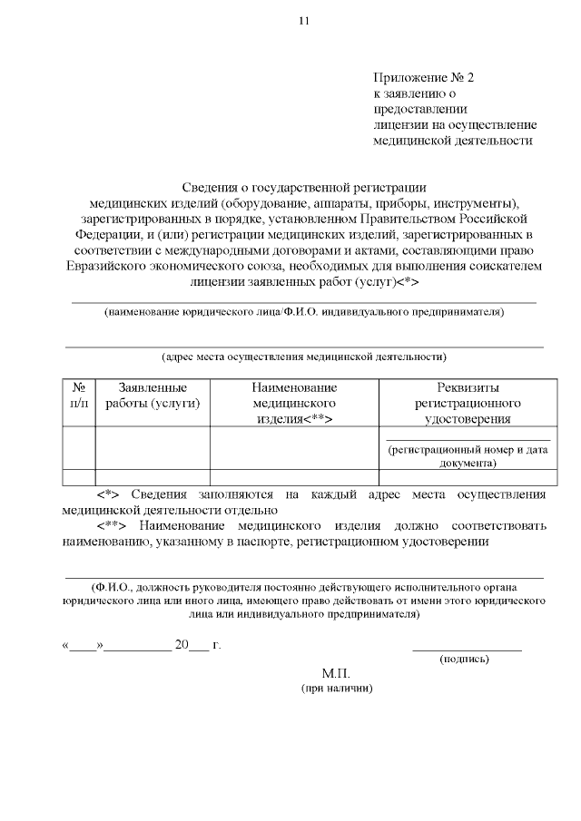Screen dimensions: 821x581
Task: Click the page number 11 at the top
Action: pyautogui.click(x=303, y=22)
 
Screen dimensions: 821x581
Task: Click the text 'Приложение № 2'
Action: pyautogui.click(x=423, y=78)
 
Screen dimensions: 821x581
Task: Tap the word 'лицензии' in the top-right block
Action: pyautogui.click(x=401, y=124)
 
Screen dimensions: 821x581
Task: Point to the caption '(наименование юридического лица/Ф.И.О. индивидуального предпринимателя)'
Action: pyautogui.click(x=303, y=312)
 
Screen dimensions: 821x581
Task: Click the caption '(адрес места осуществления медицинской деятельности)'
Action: pyautogui.click(x=303, y=357)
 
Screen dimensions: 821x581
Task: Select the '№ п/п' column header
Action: pyautogui.click(x=79, y=396)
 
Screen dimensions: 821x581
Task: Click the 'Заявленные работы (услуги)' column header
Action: pyautogui.click(x=153, y=396)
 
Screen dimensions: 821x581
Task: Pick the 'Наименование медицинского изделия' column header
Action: pyautogui.click(x=294, y=404)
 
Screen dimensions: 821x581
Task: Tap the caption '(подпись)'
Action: pyautogui.click(x=464, y=659)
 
